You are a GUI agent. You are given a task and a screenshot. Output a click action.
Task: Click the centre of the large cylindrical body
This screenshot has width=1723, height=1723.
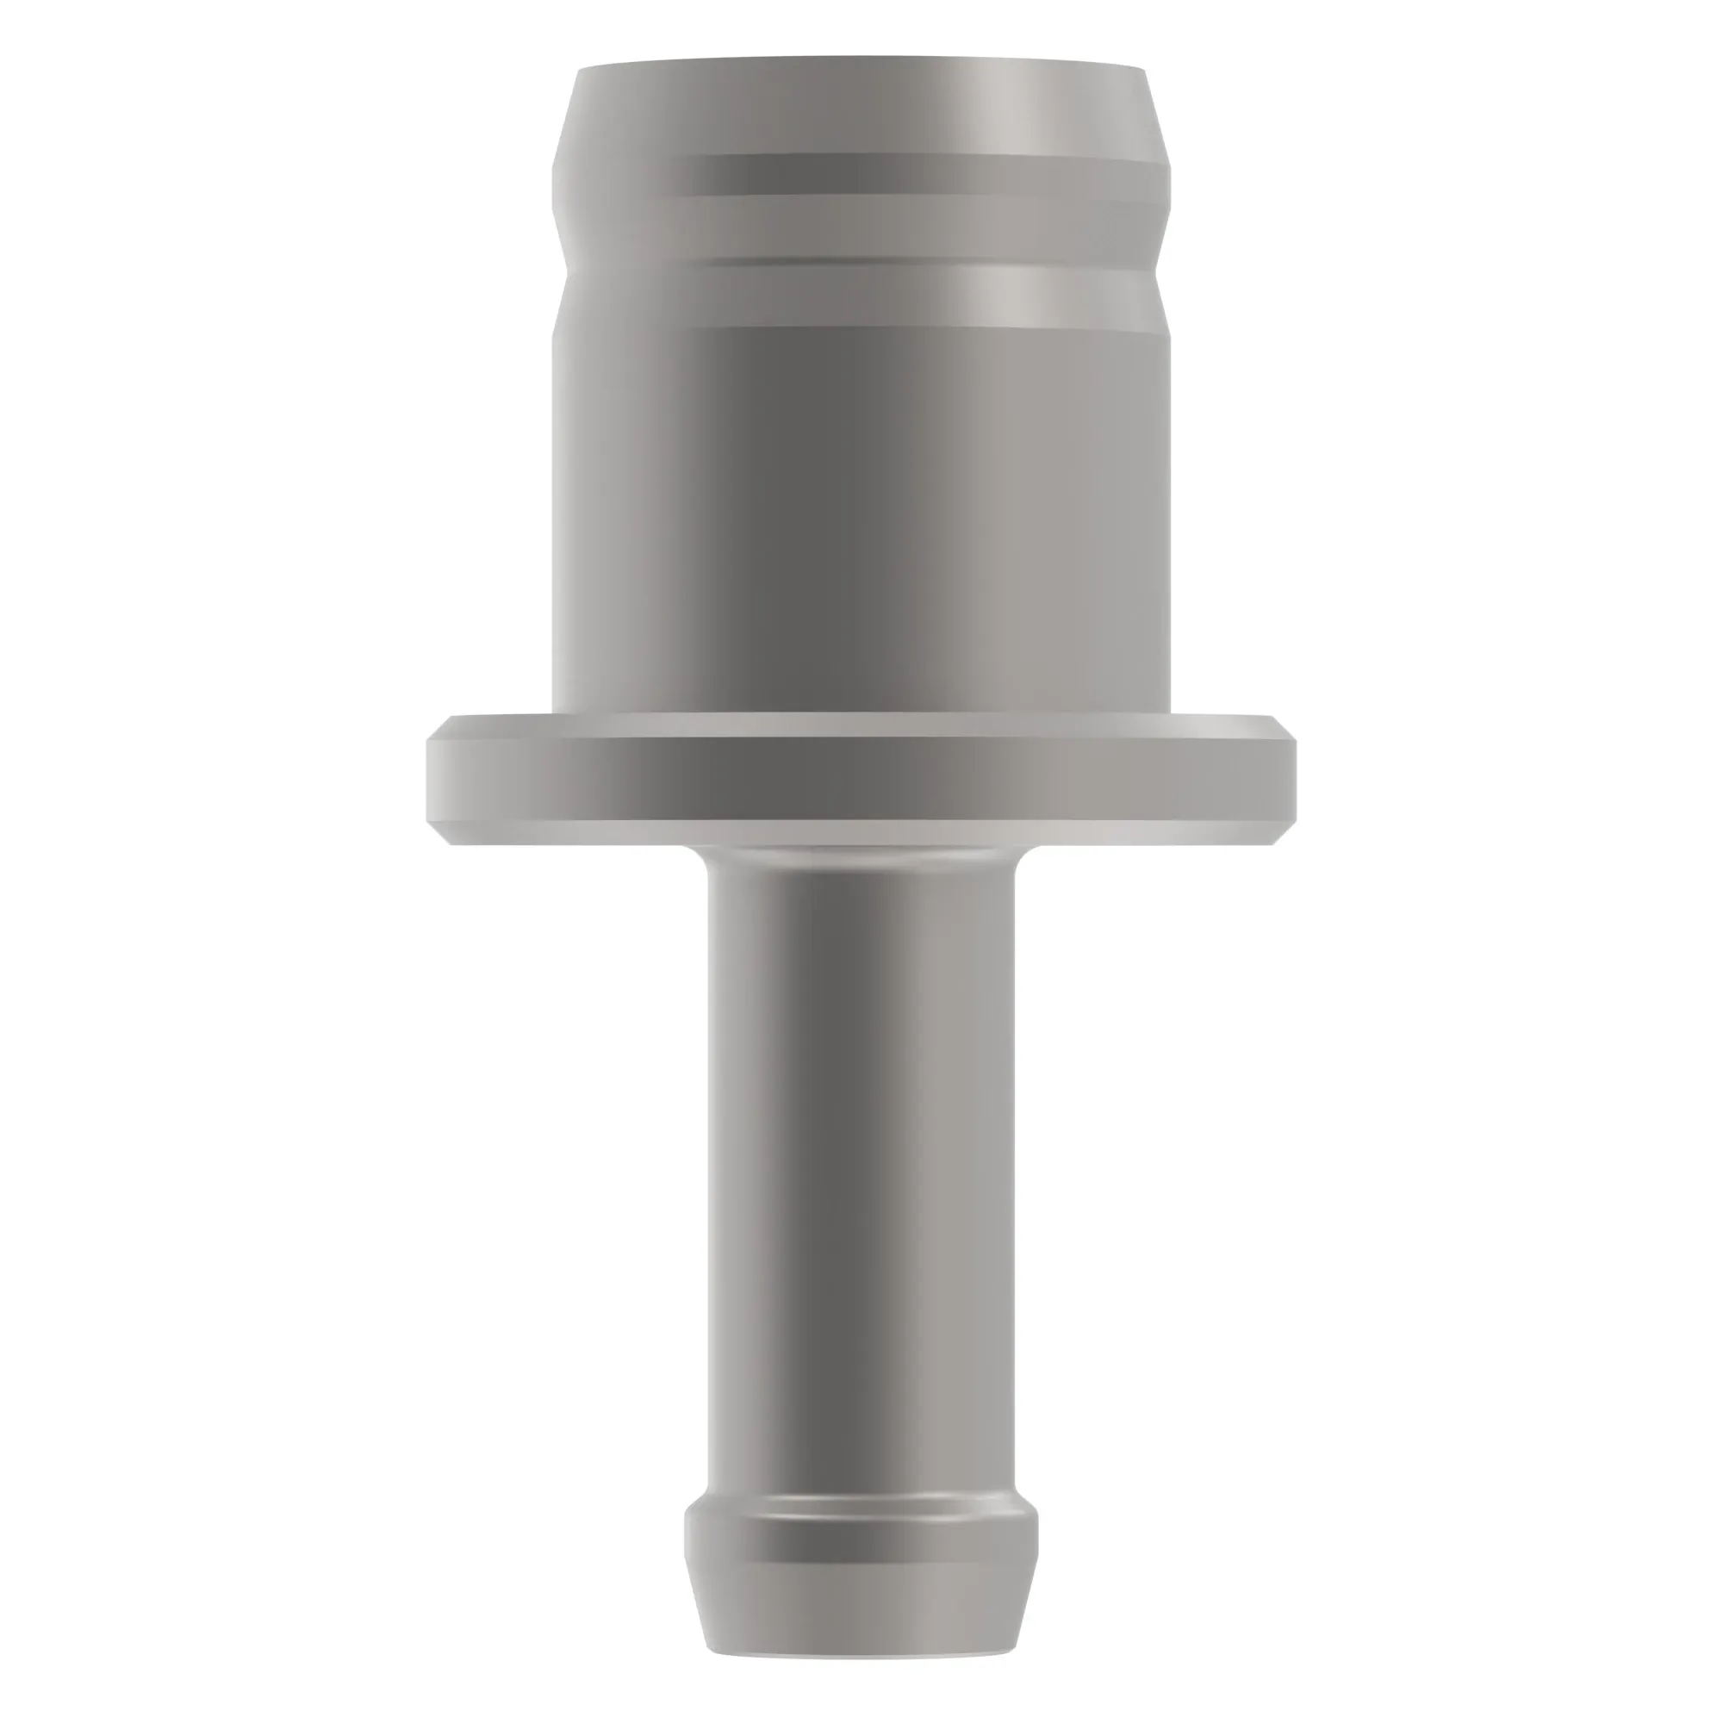(x=861, y=517)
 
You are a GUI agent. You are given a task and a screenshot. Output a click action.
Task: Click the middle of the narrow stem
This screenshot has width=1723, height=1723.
(x=861, y=1160)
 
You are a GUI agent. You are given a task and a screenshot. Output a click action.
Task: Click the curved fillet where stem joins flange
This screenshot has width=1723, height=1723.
(x=861, y=858)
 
